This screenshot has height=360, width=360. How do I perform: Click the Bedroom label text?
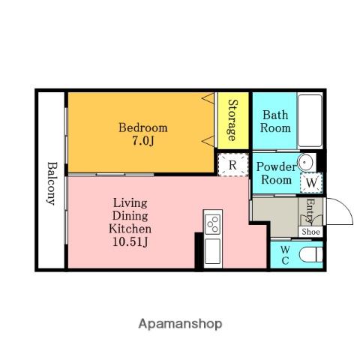(143, 127)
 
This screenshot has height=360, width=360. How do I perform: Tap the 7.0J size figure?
(142, 141)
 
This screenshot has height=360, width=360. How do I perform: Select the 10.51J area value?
(130, 241)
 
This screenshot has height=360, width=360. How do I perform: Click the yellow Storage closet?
(233, 121)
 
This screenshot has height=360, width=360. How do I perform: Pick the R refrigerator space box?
(233, 165)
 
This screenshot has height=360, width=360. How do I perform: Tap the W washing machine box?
(311, 183)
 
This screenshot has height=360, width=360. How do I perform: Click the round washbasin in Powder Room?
(305, 162)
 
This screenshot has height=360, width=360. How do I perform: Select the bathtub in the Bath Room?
(310, 121)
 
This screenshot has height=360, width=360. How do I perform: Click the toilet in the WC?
(310, 255)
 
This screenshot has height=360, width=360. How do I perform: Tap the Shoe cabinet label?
(310, 232)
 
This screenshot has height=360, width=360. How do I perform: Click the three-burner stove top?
(212, 224)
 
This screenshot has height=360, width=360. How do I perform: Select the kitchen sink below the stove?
(212, 251)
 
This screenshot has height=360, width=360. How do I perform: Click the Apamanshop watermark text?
(180, 324)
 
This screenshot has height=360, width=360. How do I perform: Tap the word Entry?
(310, 211)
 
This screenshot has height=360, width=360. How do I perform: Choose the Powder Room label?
(276, 173)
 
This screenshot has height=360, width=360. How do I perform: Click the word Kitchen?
(130, 229)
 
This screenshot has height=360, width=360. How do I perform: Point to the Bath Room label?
(275, 121)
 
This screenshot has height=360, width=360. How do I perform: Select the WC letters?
(285, 255)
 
